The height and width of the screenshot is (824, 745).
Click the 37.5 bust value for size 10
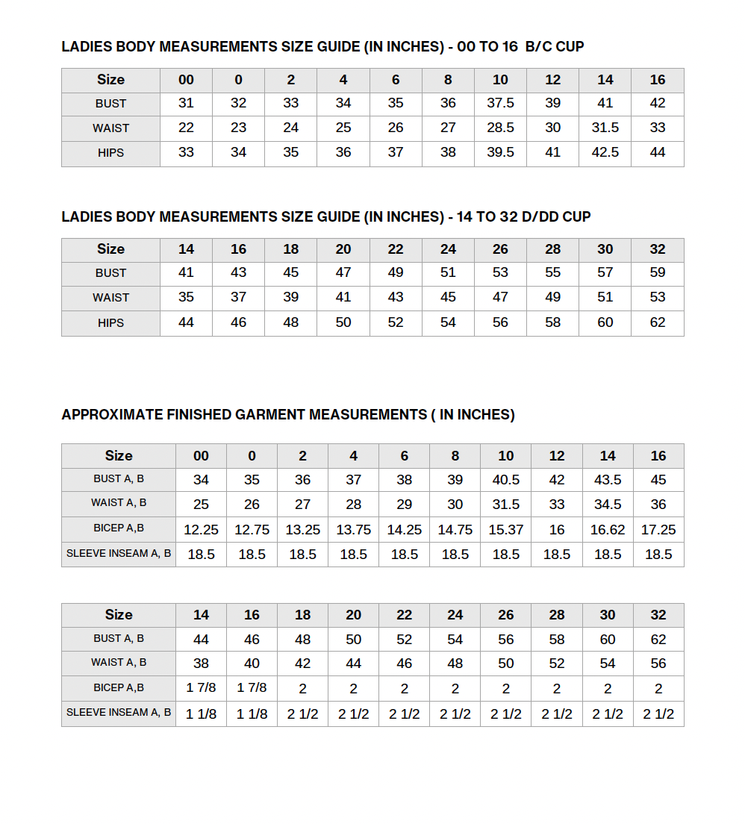coord(500,104)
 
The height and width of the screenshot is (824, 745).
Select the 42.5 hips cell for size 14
coord(605,152)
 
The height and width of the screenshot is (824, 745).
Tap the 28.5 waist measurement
coord(500,128)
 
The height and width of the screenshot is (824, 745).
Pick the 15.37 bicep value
coord(506,530)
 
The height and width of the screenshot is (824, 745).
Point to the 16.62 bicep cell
coord(608,530)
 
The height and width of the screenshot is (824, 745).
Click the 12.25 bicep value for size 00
coord(201,530)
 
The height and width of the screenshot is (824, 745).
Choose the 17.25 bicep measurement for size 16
coord(658,530)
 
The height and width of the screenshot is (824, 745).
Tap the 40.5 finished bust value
coord(506,480)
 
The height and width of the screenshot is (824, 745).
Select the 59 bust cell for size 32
coord(658,272)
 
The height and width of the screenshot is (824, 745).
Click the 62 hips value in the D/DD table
coord(658,322)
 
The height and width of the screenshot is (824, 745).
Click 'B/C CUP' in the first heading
coord(555,47)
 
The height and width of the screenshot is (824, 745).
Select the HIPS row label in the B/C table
coord(110,153)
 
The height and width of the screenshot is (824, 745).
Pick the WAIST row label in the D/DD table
coord(110,298)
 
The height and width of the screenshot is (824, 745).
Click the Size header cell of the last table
coord(119,615)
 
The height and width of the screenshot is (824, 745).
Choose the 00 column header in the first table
coord(186,80)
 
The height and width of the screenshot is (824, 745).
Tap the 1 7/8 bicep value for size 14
coord(201,688)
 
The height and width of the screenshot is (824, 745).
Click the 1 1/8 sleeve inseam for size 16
coord(252,714)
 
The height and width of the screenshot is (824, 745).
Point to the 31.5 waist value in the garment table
coord(506,505)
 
